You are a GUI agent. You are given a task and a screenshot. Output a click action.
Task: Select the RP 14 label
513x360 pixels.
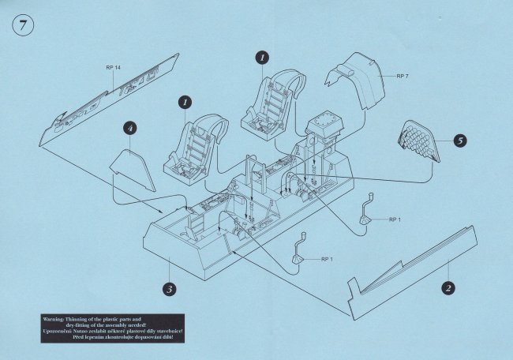(113, 69)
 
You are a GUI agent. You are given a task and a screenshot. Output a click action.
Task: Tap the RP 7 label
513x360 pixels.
(403, 76)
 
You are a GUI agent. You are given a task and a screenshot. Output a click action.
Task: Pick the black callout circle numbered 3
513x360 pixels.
(169, 288)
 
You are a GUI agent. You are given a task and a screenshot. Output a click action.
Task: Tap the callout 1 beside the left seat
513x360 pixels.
(183, 103)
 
